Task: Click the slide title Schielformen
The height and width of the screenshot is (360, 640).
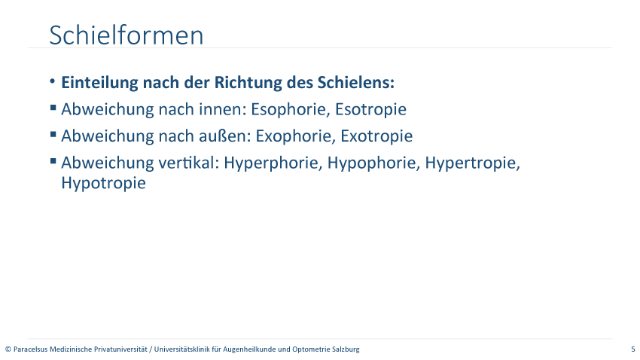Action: click(126, 35)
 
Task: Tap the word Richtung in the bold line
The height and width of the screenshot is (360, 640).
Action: click(248, 83)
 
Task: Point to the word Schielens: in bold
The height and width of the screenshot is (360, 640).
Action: click(356, 82)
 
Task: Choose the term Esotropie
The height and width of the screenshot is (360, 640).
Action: click(370, 109)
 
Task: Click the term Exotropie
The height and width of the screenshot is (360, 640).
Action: click(376, 136)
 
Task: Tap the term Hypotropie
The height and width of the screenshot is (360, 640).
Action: click(104, 183)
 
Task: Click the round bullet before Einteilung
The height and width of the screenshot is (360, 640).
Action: click(52, 81)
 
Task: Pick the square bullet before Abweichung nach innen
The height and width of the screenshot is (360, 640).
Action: click(53, 108)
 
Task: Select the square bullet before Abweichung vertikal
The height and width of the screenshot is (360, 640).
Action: click(53, 161)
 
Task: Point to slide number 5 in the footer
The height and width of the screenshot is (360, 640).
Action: click(633, 349)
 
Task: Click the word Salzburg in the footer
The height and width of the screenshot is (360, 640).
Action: click(347, 349)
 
